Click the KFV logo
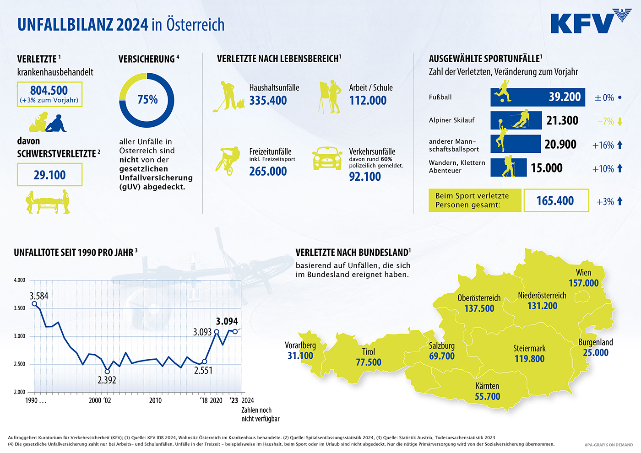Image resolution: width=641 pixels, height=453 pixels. click(x=591, y=22)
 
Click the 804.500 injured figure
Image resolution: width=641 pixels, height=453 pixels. click(x=49, y=91)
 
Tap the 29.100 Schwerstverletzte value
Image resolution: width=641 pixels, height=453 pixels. click(x=49, y=175)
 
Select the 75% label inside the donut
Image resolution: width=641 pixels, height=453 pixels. click(x=147, y=99)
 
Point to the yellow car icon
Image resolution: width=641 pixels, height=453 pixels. click(x=327, y=158)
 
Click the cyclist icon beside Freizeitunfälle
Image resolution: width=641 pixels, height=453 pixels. click(x=228, y=160)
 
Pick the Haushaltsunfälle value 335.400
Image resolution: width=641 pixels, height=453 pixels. click(x=268, y=101)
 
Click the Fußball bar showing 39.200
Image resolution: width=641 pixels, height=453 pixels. click(x=538, y=97)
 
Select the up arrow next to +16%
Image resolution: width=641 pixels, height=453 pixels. click(x=620, y=145)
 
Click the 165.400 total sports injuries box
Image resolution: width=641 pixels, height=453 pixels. click(x=556, y=201)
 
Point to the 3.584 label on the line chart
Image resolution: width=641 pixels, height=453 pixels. click(x=39, y=296)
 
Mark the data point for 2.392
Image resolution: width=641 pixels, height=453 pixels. click(x=107, y=372)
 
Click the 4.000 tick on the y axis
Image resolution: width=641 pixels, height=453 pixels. click(x=20, y=280)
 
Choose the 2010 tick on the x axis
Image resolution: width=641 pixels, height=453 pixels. click(x=155, y=400)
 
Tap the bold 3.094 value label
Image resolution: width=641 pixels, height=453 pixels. click(x=227, y=321)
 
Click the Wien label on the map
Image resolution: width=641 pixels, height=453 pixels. click(x=583, y=273)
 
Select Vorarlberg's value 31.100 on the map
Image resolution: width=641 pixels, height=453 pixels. click(x=300, y=356)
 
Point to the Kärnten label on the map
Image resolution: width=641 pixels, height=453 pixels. click(x=487, y=386)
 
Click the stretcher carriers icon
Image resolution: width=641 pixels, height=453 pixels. click(x=48, y=202)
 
